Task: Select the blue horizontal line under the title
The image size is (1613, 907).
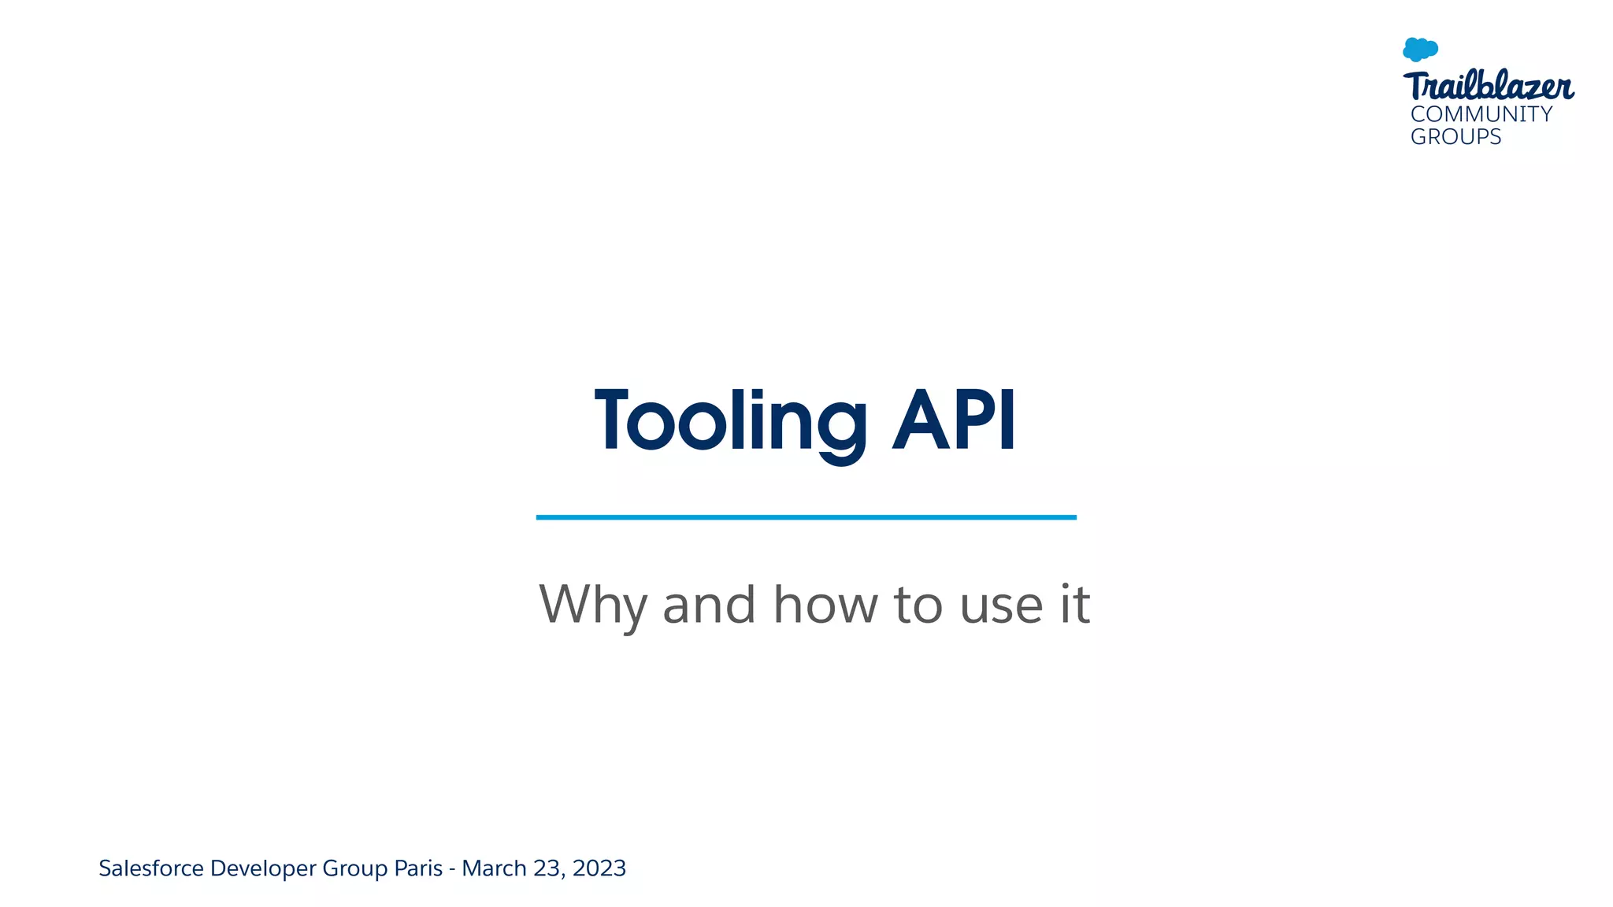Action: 806,517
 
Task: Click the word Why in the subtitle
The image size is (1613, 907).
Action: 592,605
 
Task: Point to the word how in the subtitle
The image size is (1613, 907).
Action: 825,605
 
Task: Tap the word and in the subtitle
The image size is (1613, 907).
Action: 709,605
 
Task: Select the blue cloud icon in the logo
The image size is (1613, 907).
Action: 1420,50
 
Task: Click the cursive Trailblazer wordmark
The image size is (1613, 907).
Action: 1488,86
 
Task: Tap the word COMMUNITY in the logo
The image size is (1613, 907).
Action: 1481,114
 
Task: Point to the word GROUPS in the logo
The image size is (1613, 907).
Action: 1455,137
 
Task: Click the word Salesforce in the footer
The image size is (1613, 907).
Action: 151,868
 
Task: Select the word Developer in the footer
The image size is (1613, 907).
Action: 263,868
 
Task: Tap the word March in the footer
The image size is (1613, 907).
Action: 494,868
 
